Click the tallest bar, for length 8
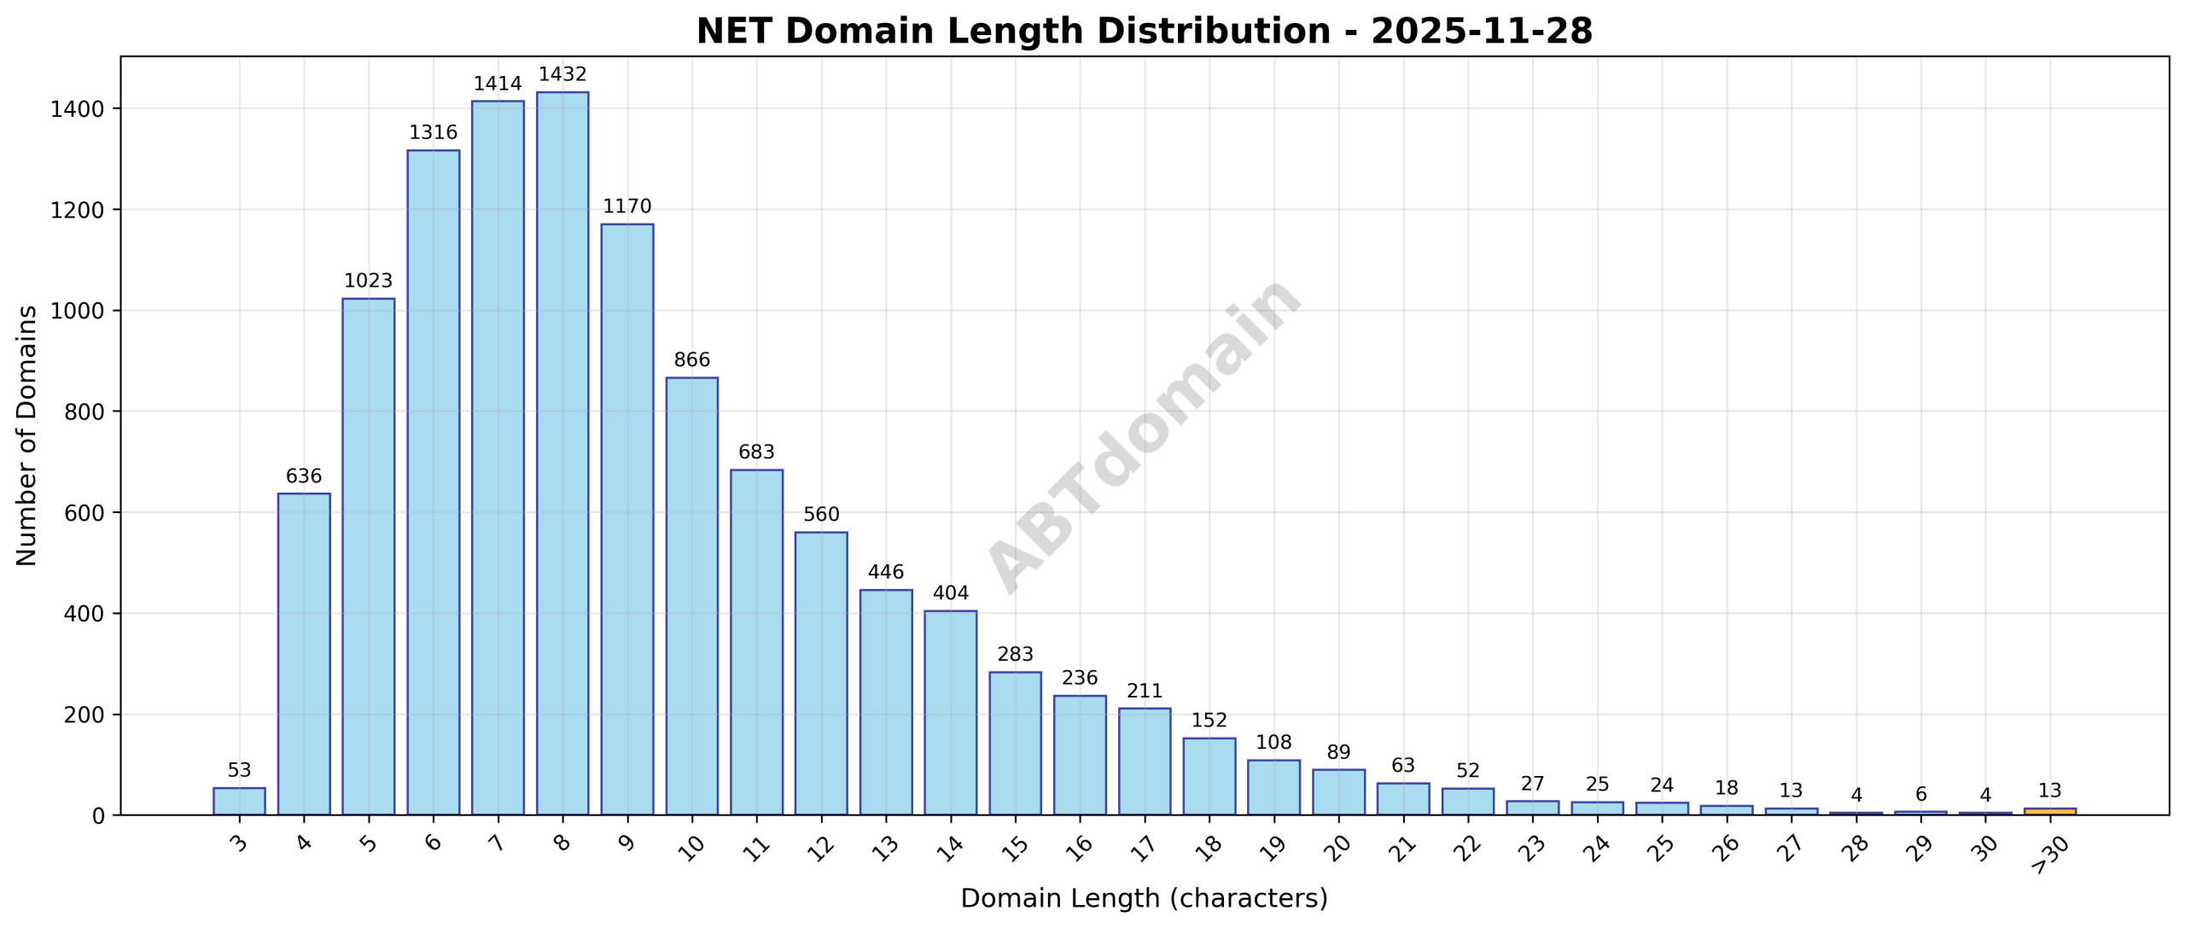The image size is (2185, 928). pos(562,452)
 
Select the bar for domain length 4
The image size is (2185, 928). pos(304,653)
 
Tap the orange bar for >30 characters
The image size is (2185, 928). pos(2049,810)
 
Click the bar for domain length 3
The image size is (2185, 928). pos(239,801)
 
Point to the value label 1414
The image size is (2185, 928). pos(497,84)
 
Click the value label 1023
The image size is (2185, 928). pos(368,281)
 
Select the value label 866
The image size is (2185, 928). pos(691,359)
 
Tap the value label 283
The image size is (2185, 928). pos(1015,654)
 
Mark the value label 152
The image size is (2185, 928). pos(1209,720)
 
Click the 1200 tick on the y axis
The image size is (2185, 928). pos(77,210)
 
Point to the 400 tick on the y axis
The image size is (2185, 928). pos(84,614)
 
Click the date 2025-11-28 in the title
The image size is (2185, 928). pos(1481,32)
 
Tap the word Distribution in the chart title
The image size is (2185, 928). pos(1213,32)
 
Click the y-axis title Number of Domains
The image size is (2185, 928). pos(27,435)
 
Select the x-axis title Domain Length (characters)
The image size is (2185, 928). pos(1144,898)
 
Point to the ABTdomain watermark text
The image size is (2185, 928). pos(1144,435)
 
